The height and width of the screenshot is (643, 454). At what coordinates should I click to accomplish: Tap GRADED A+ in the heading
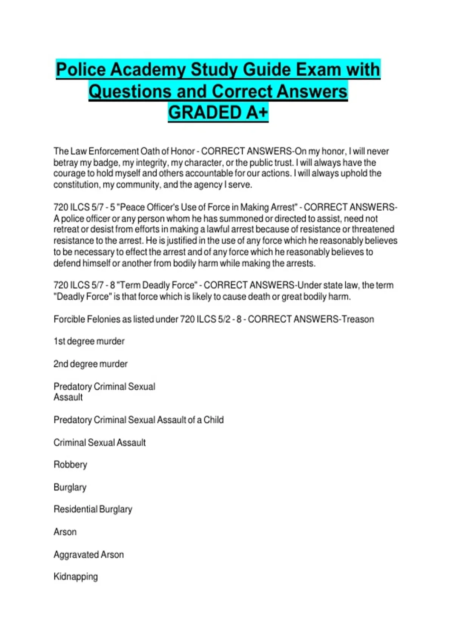[218, 112]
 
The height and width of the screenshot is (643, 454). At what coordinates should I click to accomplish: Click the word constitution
[76, 185]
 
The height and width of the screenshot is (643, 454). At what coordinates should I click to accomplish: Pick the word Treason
[358, 319]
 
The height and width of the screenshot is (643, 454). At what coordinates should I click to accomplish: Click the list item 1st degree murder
[89, 341]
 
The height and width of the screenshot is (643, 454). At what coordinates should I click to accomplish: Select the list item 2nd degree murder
[90, 364]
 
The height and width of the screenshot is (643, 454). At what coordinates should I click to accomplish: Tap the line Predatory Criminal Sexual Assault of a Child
[138, 420]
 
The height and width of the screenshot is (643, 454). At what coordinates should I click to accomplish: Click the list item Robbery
[70, 464]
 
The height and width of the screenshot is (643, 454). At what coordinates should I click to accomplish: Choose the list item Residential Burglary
[93, 509]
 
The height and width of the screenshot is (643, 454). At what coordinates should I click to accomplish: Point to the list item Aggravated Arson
[89, 554]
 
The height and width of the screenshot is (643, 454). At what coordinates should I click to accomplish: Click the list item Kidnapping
[76, 576]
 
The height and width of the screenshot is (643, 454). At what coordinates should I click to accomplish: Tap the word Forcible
[69, 319]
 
